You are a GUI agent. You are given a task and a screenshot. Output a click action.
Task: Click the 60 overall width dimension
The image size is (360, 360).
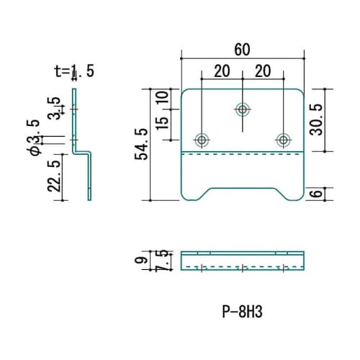(243, 49)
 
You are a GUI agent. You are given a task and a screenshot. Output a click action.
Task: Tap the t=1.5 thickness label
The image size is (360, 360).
(74, 70)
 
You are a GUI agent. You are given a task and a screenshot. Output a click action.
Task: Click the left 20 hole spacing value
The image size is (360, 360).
(222, 71)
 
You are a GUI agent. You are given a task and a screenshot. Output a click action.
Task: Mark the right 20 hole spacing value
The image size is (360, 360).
(264, 71)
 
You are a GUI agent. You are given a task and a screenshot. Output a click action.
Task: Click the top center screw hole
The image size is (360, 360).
(243, 110)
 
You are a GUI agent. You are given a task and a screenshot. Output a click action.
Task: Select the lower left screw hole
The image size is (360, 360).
(202, 139)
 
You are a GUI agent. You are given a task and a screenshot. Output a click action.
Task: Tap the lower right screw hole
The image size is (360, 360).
(284, 139)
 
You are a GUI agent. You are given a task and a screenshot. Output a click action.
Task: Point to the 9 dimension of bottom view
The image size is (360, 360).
(143, 261)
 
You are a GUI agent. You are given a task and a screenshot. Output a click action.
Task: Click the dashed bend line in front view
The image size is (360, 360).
(243, 153)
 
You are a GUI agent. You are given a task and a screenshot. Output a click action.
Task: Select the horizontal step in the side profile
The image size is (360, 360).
(82, 152)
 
